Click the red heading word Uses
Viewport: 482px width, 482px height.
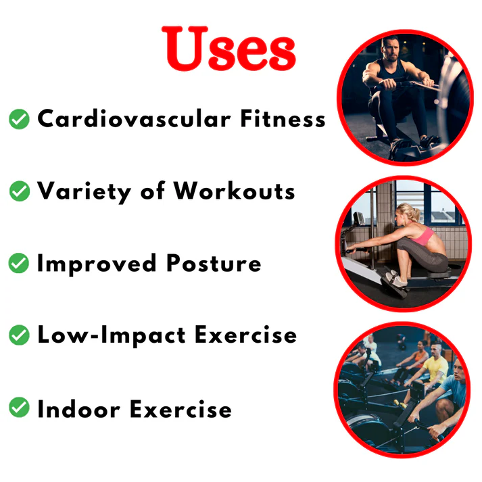tap(228, 49)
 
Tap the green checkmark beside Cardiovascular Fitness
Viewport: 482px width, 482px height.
tap(19, 119)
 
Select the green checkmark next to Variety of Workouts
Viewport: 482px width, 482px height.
tap(20, 191)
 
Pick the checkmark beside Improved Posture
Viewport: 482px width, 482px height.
tap(19, 263)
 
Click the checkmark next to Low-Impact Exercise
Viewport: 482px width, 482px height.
tap(19, 335)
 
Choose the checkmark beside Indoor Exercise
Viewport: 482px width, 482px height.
tap(19, 408)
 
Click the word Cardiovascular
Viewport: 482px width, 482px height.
tap(134, 118)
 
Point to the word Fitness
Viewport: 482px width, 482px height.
tap(283, 118)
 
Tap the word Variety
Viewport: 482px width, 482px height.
tap(85, 192)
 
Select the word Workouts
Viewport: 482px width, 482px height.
tap(234, 191)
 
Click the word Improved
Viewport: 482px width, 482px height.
tap(97, 264)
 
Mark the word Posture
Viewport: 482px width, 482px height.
tap(214, 263)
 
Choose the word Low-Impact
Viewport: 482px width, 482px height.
tap(112, 336)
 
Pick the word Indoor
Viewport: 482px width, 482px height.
tap(78, 408)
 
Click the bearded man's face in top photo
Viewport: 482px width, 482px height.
tap(390, 49)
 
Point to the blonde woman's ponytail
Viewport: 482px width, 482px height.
tap(414, 214)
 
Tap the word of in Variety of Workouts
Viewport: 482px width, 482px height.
tap(153, 191)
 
